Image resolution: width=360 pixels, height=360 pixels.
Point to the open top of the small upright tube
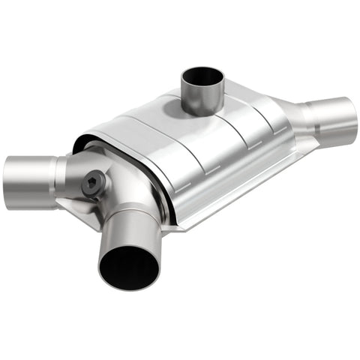point(202,77)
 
